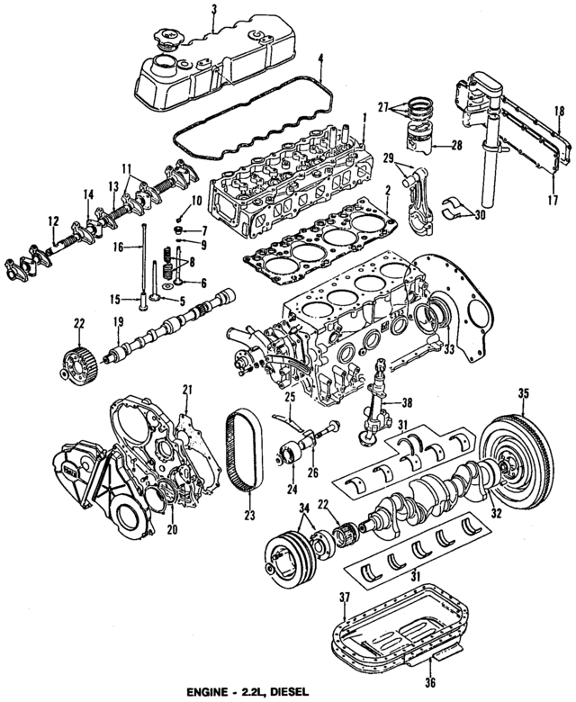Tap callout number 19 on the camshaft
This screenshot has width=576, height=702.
click(116, 322)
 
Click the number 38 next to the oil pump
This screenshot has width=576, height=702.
click(406, 404)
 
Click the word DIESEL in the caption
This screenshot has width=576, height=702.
click(287, 693)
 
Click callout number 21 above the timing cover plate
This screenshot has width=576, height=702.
click(188, 389)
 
